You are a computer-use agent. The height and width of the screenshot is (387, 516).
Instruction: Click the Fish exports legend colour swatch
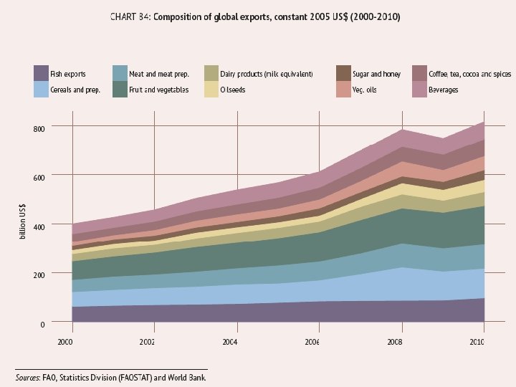[x=41, y=73]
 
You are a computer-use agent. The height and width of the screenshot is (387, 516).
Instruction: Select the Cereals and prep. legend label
[x=75, y=90]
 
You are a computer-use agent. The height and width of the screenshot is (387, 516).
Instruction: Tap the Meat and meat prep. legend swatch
[x=120, y=73]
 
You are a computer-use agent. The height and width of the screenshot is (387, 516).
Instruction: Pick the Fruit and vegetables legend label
[x=158, y=90]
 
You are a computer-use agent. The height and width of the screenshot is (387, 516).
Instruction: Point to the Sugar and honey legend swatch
[x=343, y=73]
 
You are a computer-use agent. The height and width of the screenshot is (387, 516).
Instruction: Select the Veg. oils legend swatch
[x=343, y=90]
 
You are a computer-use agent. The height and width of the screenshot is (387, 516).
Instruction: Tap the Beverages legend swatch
[x=421, y=90]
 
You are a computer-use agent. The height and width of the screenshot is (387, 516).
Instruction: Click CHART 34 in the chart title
[x=131, y=16]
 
